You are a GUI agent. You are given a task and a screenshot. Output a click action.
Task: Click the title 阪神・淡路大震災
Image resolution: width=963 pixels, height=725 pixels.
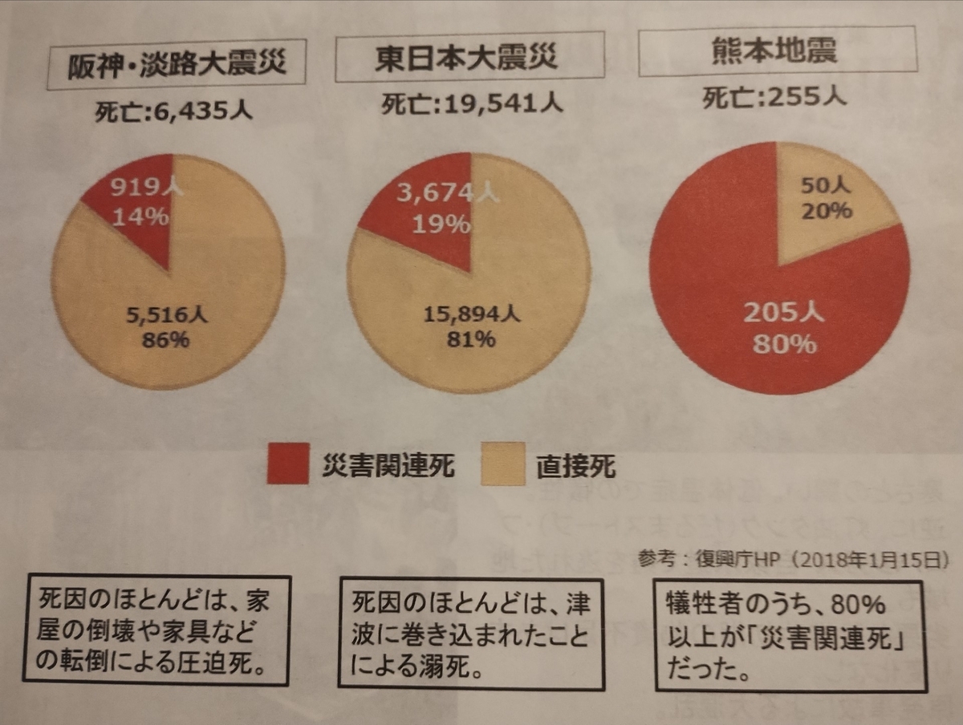point(177,64)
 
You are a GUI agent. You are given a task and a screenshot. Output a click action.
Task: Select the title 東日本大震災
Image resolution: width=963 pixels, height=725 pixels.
point(466,58)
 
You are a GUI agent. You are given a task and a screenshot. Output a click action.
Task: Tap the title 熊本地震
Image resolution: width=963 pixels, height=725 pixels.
point(774,51)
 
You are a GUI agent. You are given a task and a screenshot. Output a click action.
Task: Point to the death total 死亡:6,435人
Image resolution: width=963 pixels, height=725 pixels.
point(173,111)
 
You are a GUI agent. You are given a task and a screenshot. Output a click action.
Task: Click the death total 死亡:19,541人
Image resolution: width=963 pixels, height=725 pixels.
point(472,104)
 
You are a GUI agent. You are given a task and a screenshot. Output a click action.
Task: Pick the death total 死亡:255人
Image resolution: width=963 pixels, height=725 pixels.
point(774,97)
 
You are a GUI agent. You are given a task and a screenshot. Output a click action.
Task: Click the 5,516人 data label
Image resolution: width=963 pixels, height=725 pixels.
point(167,315)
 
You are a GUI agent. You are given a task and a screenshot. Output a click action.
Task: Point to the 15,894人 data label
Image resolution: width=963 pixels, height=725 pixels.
point(472,314)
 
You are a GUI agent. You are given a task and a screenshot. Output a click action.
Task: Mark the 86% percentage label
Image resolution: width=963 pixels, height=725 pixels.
point(165,340)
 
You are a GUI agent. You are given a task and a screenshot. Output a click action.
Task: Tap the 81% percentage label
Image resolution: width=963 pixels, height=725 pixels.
point(471,339)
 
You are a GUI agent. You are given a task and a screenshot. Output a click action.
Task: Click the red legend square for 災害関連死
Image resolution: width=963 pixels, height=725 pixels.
point(288,464)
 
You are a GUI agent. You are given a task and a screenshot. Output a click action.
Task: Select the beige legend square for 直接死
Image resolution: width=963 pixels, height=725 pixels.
point(503,464)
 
